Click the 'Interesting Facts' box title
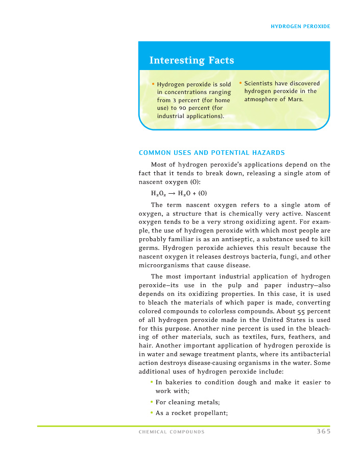(191, 61)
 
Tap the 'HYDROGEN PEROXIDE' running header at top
(300, 26)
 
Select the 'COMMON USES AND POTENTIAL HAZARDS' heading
(212, 152)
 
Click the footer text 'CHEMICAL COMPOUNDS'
(172, 432)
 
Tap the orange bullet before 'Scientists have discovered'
(241, 83)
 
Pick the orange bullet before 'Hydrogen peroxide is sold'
(153, 84)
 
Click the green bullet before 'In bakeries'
(152, 382)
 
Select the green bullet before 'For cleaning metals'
(152, 402)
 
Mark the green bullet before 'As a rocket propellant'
(152, 413)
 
